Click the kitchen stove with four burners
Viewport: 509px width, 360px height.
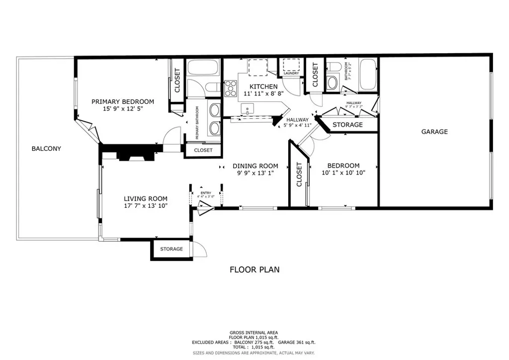[x=231, y=88]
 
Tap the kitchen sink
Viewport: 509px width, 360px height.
[x=247, y=108]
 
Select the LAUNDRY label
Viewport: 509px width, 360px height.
[x=291, y=74]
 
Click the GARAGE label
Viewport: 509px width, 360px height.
[x=434, y=132]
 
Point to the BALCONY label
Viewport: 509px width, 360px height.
[x=46, y=148]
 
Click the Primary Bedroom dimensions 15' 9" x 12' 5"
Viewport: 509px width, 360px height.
[x=123, y=109]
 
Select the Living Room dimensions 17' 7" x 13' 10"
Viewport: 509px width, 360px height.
[x=145, y=205]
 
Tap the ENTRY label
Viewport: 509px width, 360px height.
[x=205, y=193]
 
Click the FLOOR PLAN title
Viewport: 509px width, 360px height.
[x=254, y=270]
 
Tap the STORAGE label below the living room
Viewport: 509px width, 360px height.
[x=171, y=249]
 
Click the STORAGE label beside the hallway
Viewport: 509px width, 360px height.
[x=347, y=125]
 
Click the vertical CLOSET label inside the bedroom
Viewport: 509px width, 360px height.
[x=299, y=175]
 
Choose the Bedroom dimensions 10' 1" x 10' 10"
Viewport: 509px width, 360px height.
[x=343, y=173]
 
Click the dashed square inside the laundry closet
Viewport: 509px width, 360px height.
[x=291, y=65]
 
